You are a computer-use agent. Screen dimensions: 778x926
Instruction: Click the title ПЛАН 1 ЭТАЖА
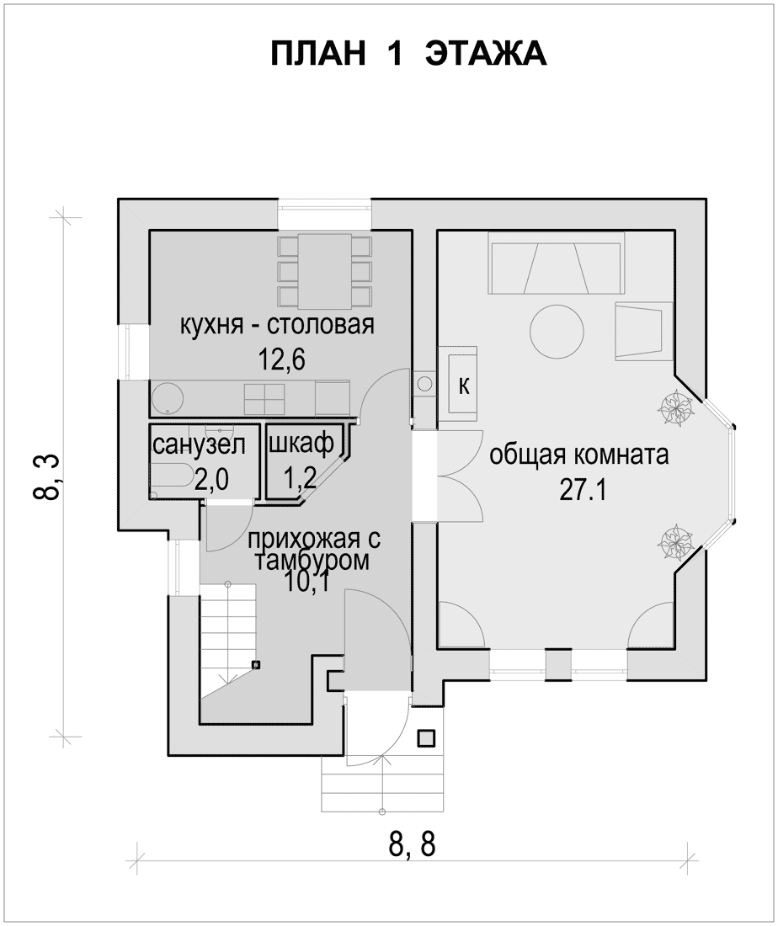pyautogui.click(x=408, y=55)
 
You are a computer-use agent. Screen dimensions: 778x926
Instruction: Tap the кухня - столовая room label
pyautogui.click(x=277, y=325)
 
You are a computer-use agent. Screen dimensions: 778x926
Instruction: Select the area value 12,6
pyautogui.click(x=282, y=359)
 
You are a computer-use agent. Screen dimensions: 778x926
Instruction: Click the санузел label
pyautogui.click(x=199, y=444)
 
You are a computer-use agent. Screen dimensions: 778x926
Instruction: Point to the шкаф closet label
pyautogui.click(x=301, y=443)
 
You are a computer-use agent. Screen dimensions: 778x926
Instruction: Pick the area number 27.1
pyautogui.click(x=583, y=490)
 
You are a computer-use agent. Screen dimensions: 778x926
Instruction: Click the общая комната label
pyautogui.click(x=579, y=455)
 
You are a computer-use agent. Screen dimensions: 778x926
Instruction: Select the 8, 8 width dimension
pyautogui.click(x=412, y=844)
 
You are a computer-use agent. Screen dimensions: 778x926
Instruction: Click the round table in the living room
pyautogui.click(x=557, y=331)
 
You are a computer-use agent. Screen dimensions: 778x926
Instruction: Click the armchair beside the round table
pyautogui.click(x=643, y=331)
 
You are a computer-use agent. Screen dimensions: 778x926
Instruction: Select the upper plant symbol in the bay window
pyautogui.click(x=674, y=407)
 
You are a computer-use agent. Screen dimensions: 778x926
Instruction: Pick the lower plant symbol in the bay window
pyautogui.click(x=674, y=541)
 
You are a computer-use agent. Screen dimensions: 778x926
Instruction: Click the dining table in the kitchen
pyautogui.click(x=324, y=271)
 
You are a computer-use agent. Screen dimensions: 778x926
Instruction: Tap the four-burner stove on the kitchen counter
pyautogui.click(x=264, y=399)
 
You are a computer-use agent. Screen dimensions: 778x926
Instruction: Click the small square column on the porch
pyautogui.click(x=426, y=738)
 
